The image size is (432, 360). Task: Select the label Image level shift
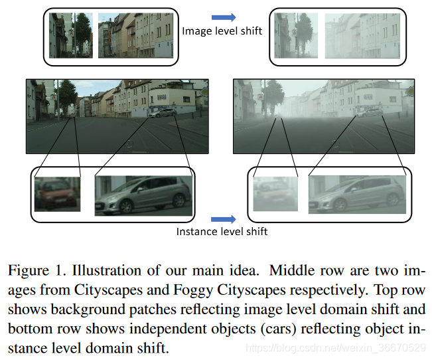[x=222, y=31]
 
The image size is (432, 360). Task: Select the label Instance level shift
[x=222, y=232]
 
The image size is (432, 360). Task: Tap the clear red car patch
[x=57, y=194]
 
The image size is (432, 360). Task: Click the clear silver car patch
[x=143, y=195]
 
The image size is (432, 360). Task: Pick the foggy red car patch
[x=276, y=195]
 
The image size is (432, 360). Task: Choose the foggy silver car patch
[x=357, y=194]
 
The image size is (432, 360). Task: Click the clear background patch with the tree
[x=70, y=36]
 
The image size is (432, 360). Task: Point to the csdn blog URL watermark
[x=335, y=347]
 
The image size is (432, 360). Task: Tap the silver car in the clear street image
[x=162, y=112]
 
